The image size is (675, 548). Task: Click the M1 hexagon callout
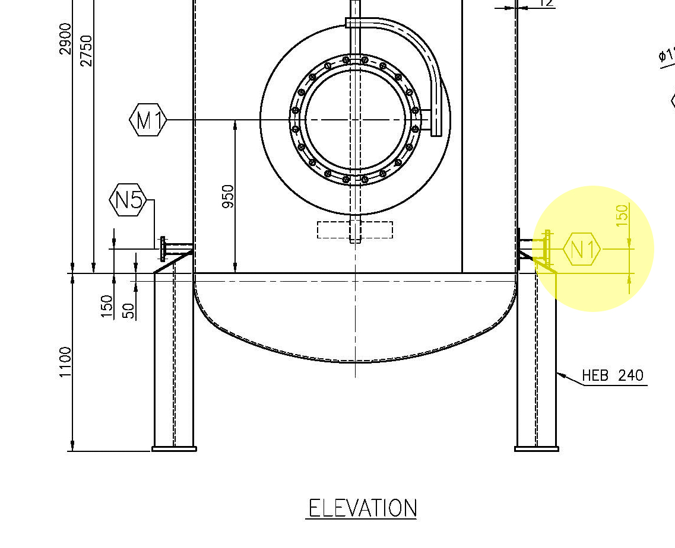(148, 120)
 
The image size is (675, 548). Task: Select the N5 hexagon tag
(128, 200)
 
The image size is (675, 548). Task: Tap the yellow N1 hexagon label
(582, 250)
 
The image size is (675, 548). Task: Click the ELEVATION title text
(362, 509)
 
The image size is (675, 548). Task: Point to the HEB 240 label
(612, 375)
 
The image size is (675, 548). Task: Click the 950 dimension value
(227, 196)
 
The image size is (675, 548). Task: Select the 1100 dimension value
(65, 362)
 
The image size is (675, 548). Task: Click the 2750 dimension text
(86, 50)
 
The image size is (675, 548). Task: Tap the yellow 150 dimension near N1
(622, 215)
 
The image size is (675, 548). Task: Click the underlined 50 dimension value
(128, 310)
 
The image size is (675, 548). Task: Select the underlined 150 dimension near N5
(107, 307)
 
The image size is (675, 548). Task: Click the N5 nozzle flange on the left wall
(163, 248)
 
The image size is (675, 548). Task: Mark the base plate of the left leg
(174, 449)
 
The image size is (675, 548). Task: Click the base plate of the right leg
(536, 449)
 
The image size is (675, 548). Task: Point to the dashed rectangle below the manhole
(355, 230)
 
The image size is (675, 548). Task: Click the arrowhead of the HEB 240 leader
(560, 374)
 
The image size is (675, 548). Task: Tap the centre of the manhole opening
(355, 120)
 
